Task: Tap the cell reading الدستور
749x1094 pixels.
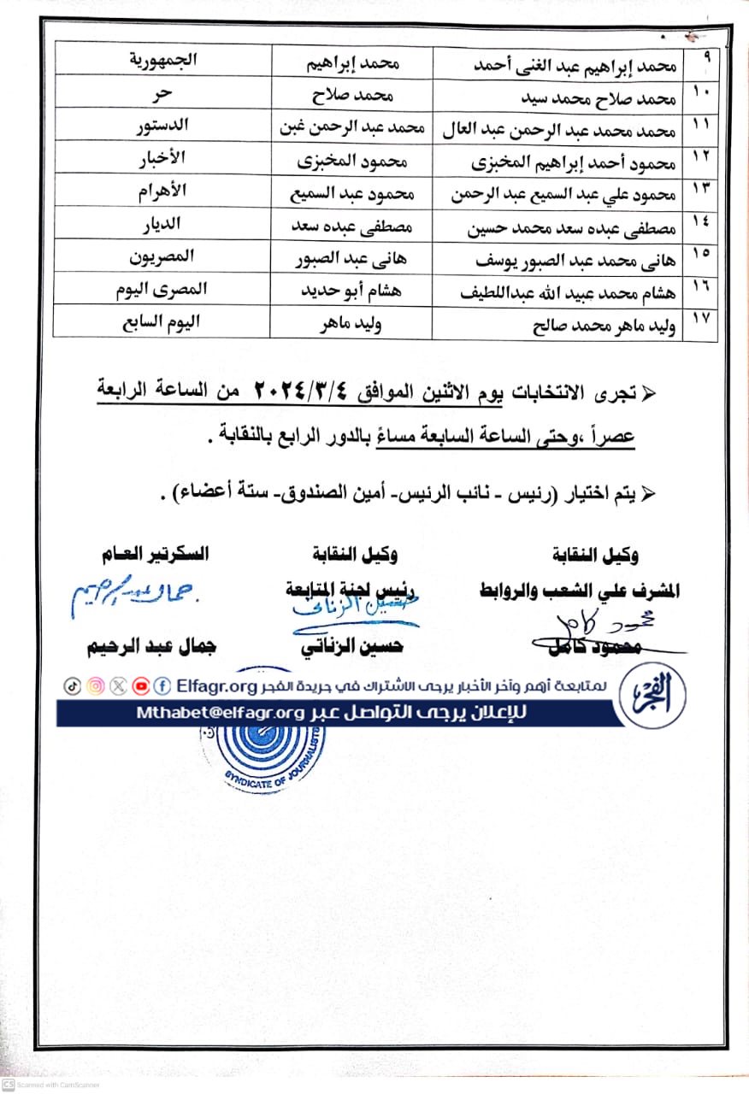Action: pos(162,126)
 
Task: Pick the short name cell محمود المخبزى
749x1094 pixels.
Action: pos(351,160)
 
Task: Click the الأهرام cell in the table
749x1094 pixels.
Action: pos(162,191)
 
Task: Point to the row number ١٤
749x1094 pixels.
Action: pos(700,223)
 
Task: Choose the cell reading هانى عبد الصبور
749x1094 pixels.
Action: pos(351,256)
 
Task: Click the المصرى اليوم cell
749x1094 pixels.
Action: pos(162,290)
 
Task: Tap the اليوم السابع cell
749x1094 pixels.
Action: pos(162,322)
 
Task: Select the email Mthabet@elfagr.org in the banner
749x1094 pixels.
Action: pos(220,713)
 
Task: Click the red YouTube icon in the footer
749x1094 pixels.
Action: pos(140,685)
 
